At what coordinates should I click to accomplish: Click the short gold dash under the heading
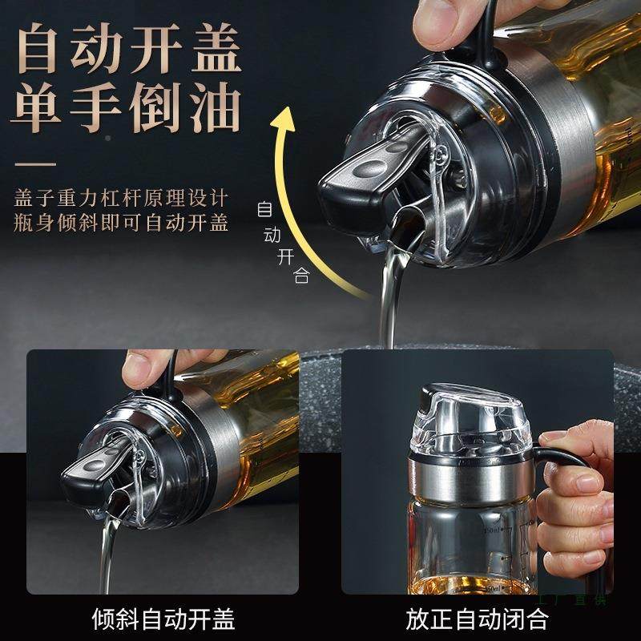36,164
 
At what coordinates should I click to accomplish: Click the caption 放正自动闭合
477,619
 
